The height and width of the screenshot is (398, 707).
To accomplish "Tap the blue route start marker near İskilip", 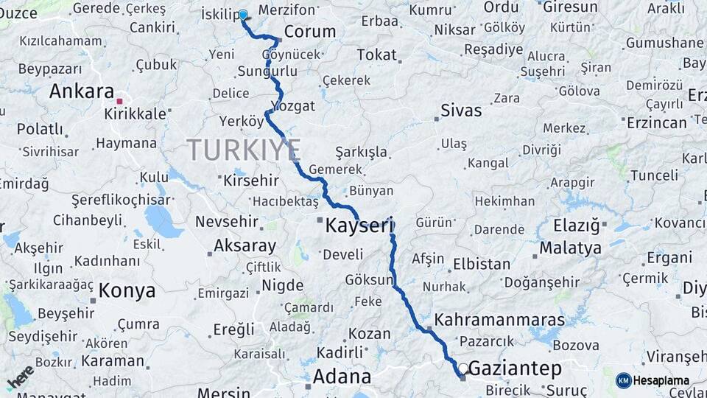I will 243,14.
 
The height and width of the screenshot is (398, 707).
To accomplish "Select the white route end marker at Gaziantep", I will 462,368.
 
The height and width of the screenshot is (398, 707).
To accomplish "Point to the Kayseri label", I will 359,226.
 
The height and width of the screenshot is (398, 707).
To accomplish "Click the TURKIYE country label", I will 243,150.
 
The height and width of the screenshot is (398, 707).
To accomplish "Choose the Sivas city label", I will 461,111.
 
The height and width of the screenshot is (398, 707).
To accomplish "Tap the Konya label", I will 127,290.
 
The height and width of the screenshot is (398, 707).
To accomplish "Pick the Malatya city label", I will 570,248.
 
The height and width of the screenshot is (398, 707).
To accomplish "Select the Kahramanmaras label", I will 500,320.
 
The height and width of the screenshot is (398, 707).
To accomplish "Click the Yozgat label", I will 293,105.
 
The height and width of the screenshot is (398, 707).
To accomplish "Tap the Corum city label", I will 309,32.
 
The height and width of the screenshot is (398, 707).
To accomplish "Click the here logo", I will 20,377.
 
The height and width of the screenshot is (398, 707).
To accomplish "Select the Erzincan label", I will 657,122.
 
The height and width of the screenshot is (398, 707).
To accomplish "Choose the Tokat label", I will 376,55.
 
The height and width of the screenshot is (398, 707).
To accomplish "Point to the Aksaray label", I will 245,246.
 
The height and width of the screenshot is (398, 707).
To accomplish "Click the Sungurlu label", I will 267,71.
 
